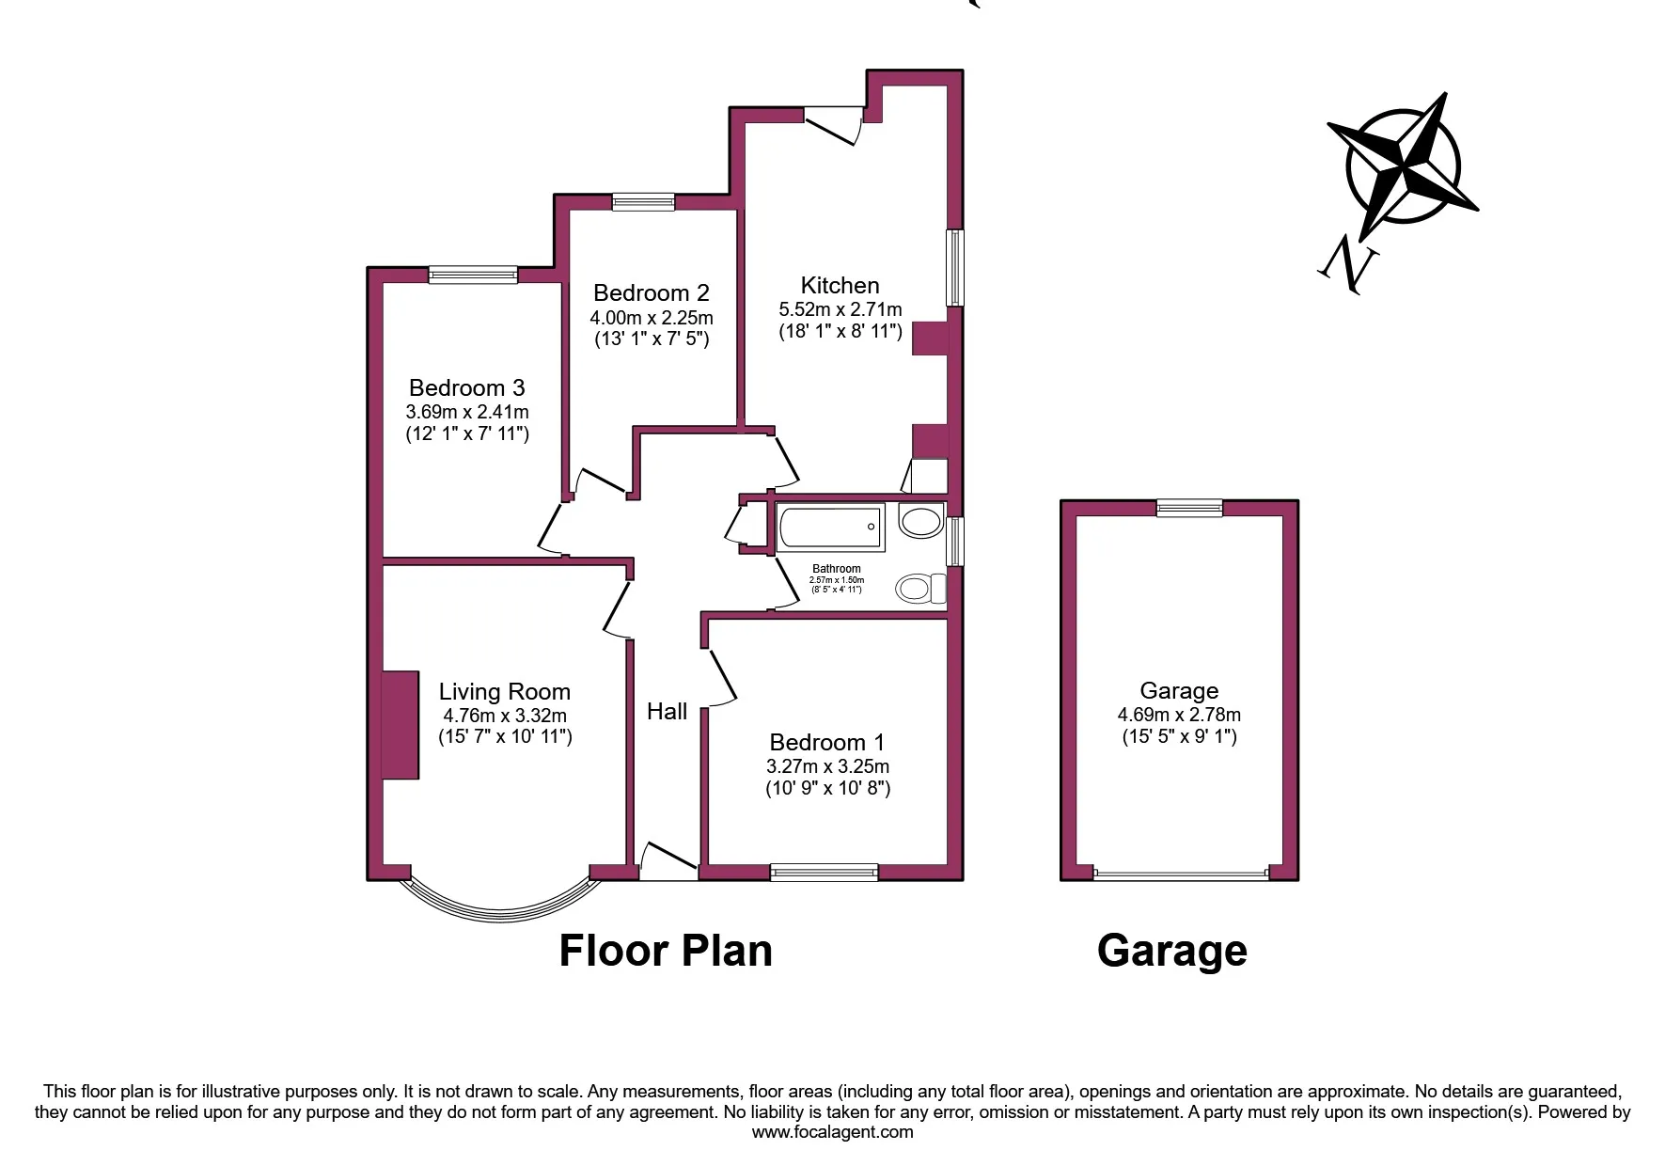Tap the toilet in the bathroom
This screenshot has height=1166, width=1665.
click(919, 590)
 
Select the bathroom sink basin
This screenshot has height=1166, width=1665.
click(920, 521)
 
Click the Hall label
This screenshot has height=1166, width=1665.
click(667, 712)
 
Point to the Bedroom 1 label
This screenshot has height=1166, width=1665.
click(826, 743)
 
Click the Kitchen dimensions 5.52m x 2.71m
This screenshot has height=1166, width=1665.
click(840, 309)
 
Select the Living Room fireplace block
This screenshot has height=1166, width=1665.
click(400, 724)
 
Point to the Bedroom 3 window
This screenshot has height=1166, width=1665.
click(473, 275)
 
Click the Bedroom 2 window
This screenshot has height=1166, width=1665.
click(643, 201)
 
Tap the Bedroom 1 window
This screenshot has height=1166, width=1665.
click(824, 872)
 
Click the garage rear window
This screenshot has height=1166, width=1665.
click(1189, 508)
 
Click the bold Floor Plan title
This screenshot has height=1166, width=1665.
click(666, 951)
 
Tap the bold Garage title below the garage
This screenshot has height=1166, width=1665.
click(1171, 951)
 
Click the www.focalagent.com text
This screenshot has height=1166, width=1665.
click(832, 1132)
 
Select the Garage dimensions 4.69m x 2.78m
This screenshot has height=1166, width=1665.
click(1179, 715)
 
